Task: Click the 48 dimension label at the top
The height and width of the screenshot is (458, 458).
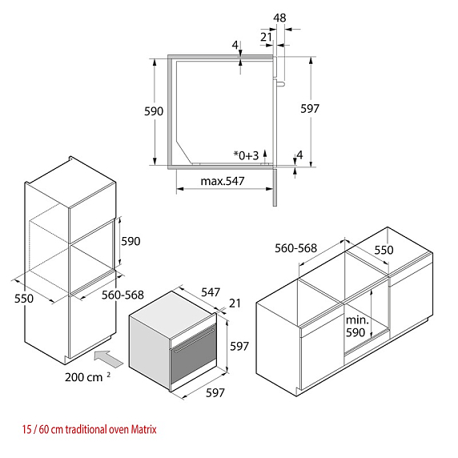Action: click(279, 18)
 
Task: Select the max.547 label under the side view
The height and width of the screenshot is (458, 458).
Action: click(223, 181)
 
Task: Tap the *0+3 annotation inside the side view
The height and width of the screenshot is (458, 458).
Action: click(247, 155)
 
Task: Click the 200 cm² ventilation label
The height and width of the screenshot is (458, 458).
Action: click(87, 377)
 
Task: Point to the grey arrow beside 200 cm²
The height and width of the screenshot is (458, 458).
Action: click(109, 359)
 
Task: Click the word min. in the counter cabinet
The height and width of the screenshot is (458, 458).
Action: click(357, 320)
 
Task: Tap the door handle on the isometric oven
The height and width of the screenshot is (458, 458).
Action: click(194, 341)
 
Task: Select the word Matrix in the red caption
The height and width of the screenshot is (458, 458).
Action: click(143, 429)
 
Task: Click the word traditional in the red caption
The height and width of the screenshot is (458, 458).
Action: click(86, 429)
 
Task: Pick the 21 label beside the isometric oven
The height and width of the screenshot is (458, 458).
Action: click(235, 303)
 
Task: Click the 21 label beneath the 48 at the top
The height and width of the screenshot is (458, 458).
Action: click(266, 38)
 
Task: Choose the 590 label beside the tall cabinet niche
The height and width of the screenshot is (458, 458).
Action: click(131, 241)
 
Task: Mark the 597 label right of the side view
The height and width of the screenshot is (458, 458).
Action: click(310, 109)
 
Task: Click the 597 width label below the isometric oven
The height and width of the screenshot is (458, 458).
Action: click(215, 393)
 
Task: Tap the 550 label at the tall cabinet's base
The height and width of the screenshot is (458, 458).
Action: click(24, 299)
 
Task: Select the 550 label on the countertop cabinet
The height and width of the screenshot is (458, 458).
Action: click(384, 250)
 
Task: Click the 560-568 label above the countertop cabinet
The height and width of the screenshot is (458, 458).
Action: click(295, 248)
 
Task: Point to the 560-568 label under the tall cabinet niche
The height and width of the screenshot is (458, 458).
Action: click(123, 295)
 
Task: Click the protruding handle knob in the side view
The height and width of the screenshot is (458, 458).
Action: click(280, 84)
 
